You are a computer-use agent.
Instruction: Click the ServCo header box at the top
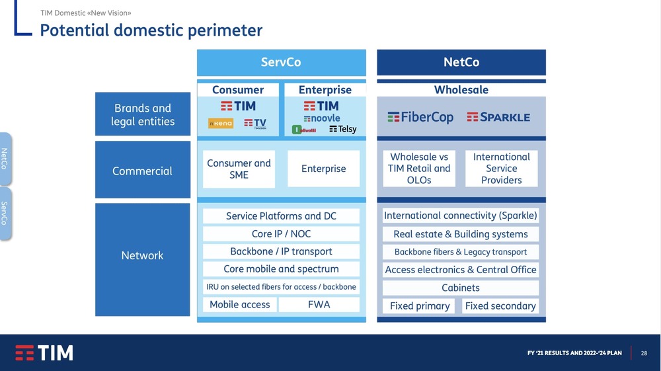(x=281, y=62)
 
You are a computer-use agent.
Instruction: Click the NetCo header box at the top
(x=461, y=62)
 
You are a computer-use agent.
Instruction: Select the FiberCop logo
(x=420, y=117)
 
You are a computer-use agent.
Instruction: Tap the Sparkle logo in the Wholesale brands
(x=498, y=117)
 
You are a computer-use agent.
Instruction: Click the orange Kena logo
(x=221, y=124)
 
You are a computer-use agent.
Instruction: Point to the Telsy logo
(x=342, y=129)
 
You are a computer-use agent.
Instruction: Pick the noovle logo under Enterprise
(x=322, y=118)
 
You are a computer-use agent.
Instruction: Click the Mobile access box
(x=239, y=305)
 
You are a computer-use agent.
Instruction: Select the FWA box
(x=319, y=305)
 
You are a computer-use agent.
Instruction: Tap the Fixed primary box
(x=420, y=306)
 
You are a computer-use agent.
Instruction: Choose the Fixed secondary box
(x=500, y=306)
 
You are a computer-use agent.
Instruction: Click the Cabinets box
(x=461, y=288)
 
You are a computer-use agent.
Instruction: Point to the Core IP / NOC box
(x=281, y=234)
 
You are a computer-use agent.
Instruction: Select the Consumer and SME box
(x=239, y=169)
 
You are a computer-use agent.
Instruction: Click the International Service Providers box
(x=501, y=169)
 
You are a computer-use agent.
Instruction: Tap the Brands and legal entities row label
(x=143, y=114)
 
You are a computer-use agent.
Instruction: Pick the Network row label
(x=143, y=256)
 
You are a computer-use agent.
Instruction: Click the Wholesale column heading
(x=461, y=89)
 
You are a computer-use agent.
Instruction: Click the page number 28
(x=644, y=353)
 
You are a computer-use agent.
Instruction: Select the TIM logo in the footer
(x=44, y=352)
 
